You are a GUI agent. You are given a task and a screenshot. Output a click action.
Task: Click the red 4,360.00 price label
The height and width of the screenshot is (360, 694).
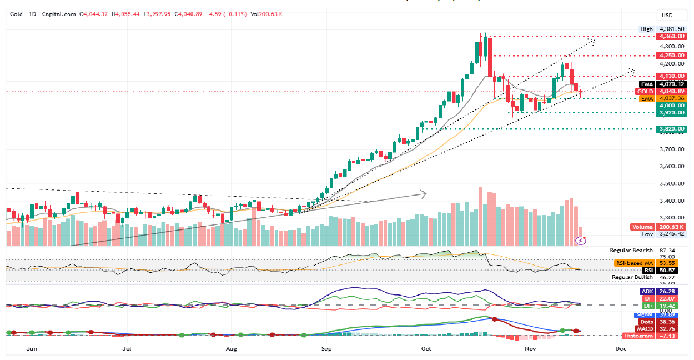point(670,37)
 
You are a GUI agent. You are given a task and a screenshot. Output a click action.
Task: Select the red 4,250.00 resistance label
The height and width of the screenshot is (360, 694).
point(670,56)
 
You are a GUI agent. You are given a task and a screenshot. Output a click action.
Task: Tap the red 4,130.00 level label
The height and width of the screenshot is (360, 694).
point(670,76)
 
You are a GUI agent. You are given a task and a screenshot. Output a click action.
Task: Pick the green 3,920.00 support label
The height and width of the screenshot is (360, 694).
point(670,112)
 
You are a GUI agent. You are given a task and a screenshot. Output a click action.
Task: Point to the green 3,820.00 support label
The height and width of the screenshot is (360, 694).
point(670,129)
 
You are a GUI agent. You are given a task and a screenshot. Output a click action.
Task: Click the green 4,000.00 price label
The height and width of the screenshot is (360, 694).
point(670,105)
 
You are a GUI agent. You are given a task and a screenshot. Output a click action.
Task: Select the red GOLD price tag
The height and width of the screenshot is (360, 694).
point(661,91)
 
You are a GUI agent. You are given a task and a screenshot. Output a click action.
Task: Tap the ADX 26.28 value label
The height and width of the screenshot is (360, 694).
point(661,292)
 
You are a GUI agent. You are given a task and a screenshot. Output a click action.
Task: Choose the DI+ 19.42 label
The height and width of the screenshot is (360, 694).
point(661,306)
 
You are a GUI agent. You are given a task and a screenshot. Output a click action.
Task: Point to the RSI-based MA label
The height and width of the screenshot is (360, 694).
point(661,262)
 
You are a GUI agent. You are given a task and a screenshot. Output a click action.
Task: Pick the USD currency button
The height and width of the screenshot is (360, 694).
point(666,15)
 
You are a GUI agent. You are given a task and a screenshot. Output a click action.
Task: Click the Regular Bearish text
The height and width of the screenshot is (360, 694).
point(631,251)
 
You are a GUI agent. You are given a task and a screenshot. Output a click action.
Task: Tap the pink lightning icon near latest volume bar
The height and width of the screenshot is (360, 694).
point(581,240)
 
